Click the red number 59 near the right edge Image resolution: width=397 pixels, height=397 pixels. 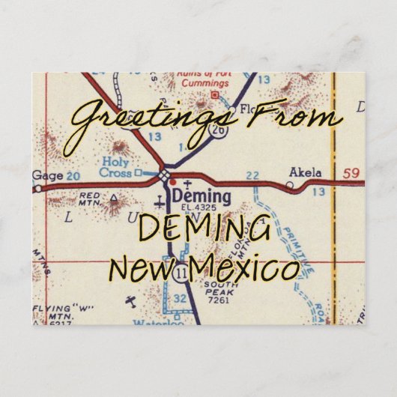coord(351,174)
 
